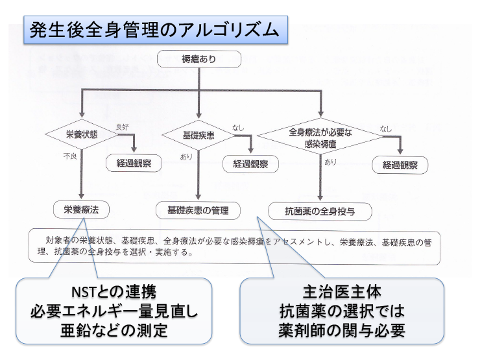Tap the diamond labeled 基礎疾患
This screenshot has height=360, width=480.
point(198,136)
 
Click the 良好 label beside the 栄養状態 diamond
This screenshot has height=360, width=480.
point(122,126)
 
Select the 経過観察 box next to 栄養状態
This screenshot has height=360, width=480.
point(134,163)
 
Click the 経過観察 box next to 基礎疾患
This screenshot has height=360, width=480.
point(250,164)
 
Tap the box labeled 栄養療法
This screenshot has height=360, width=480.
point(81,210)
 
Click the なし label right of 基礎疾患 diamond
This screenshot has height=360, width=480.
point(238,128)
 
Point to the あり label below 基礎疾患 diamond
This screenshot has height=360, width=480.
point(186,156)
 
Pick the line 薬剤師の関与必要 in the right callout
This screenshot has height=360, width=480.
point(341,331)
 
